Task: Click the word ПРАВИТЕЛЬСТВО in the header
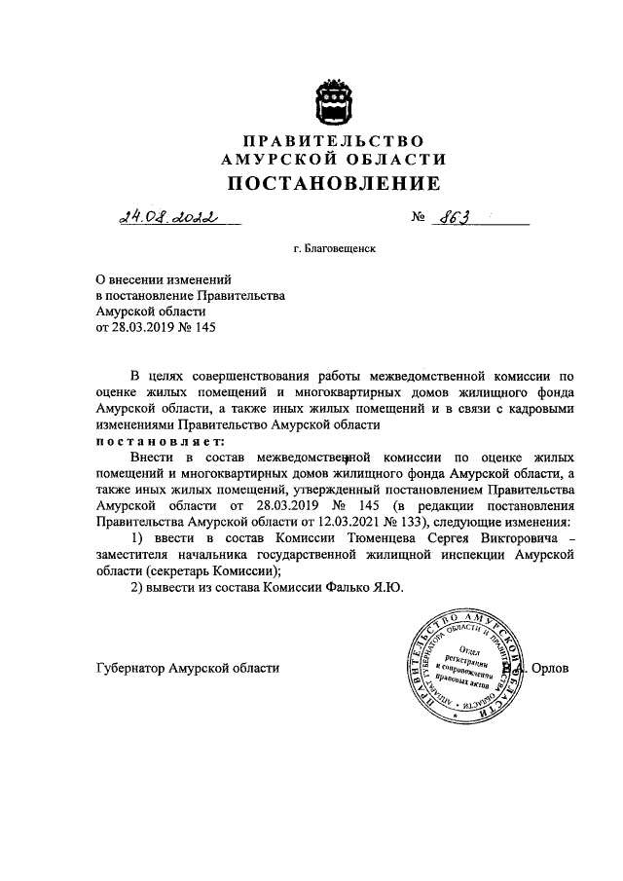334,140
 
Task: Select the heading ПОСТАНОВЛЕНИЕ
334,184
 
